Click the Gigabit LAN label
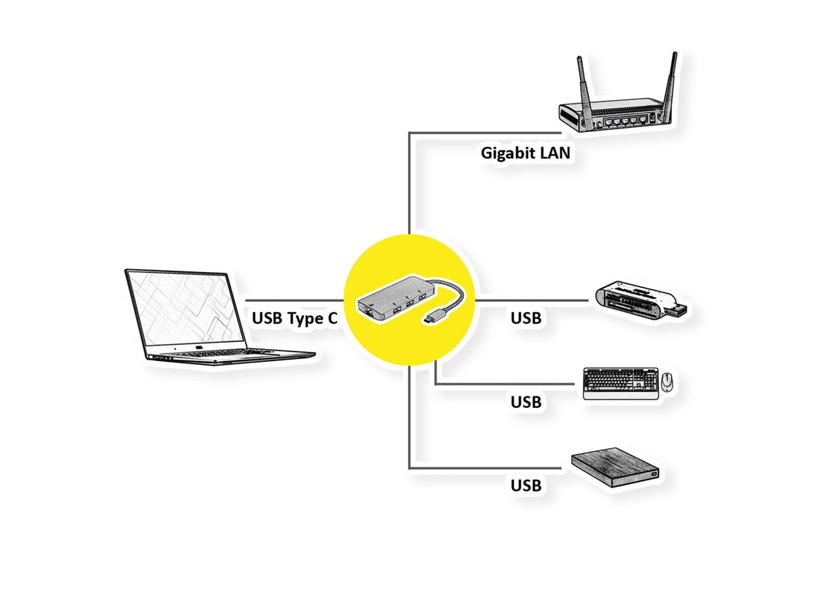[525, 152]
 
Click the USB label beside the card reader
[526, 317]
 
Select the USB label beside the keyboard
[526, 402]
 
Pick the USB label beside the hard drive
[526, 486]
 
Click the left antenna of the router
[583, 82]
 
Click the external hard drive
[615, 468]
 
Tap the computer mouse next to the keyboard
[666, 383]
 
